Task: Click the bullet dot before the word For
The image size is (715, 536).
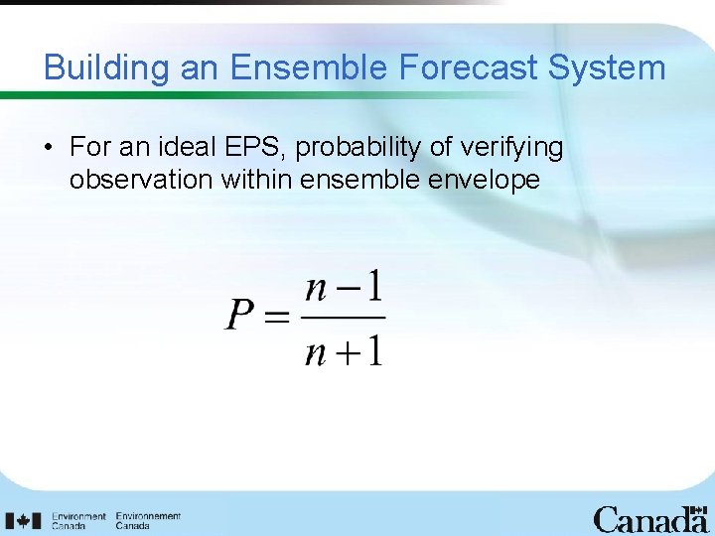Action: [x=48, y=149]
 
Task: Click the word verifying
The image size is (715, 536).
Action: [x=514, y=148]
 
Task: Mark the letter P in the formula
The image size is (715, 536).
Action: [x=241, y=317]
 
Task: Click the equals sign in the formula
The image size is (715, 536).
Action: [x=277, y=318]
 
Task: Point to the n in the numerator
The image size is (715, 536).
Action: [x=316, y=289]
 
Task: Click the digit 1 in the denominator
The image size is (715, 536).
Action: [x=373, y=352]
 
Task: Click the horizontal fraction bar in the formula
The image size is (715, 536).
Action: [x=343, y=319]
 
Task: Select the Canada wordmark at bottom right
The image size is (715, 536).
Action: [x=650, y=519]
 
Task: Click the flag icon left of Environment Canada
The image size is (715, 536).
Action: [x=21, y=519]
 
